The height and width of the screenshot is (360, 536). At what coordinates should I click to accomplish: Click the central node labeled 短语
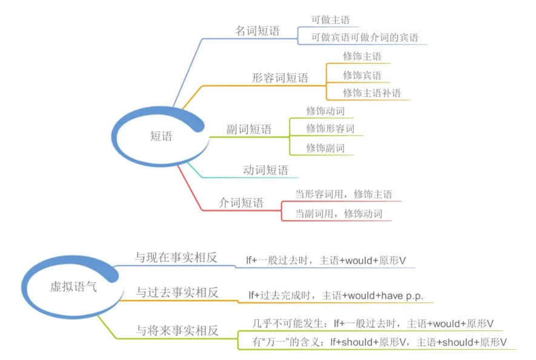click(x=161, y=136)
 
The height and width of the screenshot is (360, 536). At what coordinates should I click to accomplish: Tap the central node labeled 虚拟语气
click(x=73, y=287)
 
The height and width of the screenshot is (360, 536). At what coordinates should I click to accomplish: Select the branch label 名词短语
click(x=257, y=31)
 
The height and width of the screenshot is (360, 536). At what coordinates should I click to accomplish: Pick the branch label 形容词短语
click(x=280, y=78)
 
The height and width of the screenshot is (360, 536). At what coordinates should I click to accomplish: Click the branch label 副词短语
click(x=249, y=129)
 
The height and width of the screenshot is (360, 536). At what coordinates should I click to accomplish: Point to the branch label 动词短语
click(x=266, y=170)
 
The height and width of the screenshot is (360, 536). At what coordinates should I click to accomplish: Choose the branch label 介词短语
click(x=241, y=202)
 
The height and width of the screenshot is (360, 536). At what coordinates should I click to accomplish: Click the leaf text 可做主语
click(x=330, y=20)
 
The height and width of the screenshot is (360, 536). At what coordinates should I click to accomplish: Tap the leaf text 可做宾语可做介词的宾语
click(x=365, y=38)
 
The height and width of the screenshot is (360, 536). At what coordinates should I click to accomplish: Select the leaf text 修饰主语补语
click(x=372, y=93)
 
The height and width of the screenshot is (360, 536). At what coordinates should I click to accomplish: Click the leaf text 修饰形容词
click(x=330, y=128)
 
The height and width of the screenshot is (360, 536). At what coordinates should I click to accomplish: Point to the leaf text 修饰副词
click(x=325, y=148)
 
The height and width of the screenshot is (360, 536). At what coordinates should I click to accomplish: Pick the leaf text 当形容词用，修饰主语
click(x=343, y=195)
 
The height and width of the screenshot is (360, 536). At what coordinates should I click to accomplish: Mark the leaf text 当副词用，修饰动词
click(x=339, y=213)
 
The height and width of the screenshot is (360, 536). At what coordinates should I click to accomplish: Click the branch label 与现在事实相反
click(x=176, y=258)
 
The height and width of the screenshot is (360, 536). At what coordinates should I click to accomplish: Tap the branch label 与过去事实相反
click(x=177, y=292)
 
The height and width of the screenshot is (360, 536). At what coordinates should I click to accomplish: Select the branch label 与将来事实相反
click(x=177, y=330)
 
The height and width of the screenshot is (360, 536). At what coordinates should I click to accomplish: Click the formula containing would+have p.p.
click(x=336, y=295)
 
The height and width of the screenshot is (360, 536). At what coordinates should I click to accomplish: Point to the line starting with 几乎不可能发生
click(x=372, y=324)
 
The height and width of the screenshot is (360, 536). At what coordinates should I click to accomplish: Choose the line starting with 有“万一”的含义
click(x=379, y=342)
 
